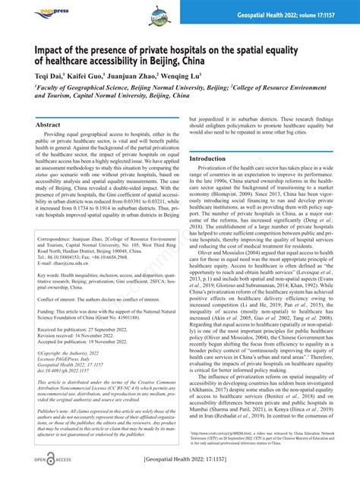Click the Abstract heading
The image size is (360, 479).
click(x=49, y=125)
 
